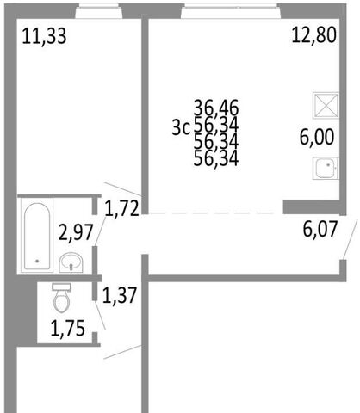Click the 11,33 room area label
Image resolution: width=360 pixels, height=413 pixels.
click(44, 36)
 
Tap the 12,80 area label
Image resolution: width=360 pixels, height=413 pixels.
click(313, 35)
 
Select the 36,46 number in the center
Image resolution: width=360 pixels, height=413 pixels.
click(216, 108)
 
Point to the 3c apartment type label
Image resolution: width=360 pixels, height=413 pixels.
click(181, 127)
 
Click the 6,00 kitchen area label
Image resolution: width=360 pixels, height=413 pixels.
click(317, 137)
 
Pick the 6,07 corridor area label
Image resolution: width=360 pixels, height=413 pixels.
click(320, 229)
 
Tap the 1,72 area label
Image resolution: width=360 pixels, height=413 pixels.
click(121, 208)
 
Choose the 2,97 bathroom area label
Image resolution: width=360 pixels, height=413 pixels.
click(76, 232)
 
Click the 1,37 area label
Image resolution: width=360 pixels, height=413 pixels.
click(120, 296)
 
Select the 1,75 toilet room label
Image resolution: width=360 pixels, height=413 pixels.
click(68, 329)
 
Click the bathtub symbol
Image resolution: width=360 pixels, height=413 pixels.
click(37, 236)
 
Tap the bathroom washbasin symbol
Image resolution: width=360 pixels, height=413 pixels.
click(71, 262)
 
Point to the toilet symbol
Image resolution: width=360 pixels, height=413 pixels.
click(61, 298)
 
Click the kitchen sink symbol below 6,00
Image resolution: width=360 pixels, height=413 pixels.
click(326, 168)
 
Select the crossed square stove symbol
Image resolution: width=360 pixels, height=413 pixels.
click(326, 105)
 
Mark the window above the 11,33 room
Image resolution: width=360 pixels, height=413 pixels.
click(99, 11)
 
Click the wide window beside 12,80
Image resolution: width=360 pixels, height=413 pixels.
click(231, 11)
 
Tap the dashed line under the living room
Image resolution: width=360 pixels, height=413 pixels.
click(213, 213)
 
